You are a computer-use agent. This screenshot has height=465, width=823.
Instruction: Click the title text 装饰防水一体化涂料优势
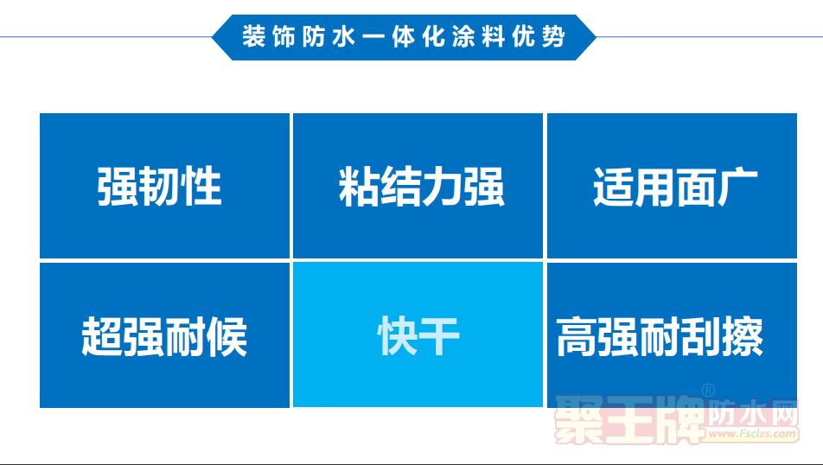[x=403, y=37]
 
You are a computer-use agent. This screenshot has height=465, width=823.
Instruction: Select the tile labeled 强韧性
[x=164, y=186]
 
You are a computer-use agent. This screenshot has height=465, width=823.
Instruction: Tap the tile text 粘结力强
[x=422, y=187]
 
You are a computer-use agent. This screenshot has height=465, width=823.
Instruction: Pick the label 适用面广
[x=675, y=187]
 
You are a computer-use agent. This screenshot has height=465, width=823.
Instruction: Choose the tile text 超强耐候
[x=164, y=336]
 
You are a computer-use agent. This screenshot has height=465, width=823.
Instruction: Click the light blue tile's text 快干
[x=418, y=336]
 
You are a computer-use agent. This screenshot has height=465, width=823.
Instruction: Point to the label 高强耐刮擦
[x=660, y=336]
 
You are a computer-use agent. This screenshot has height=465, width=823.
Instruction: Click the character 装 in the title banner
[x=254, y=37]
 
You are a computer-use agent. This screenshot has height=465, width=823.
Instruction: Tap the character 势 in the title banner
[x=553, y=37]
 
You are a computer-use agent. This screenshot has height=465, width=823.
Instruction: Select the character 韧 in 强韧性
[x=159, y=187]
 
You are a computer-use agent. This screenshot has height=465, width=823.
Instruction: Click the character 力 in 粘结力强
[x=442, y=187]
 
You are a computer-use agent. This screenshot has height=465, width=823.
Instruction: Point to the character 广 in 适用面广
[x=738, y=187]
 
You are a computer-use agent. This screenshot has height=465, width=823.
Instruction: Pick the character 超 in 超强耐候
[x=102, y=336]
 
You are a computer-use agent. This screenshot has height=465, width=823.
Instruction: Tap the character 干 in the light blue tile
[x=439, y=336]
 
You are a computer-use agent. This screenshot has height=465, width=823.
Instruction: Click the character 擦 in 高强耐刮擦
[x=743, y=336]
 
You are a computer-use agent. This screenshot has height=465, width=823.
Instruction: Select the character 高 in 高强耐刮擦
[x=577, y=336]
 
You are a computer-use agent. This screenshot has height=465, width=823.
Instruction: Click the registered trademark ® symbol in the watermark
[x=709, y=391]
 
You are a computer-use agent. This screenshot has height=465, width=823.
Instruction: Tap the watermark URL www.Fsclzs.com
[x=751, y=434]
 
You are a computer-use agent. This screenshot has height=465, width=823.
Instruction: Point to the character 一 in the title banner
[x=373, y=38]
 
